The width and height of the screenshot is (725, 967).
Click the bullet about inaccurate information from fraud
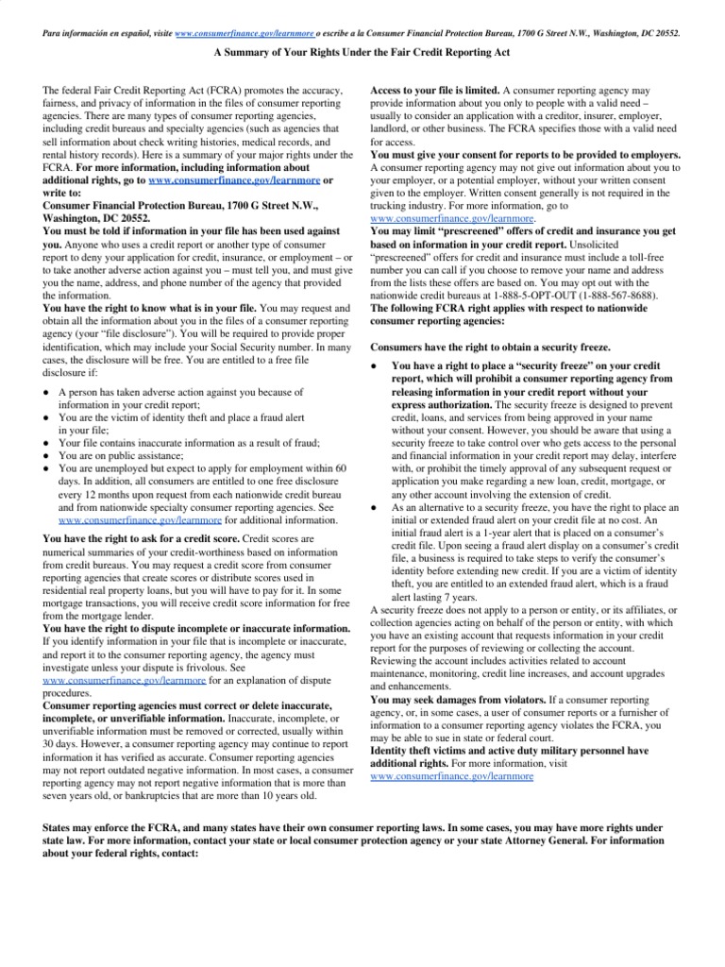pos(189,442)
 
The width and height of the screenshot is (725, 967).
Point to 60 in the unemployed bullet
pos(342,467)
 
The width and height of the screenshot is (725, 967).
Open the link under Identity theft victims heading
pos(451,775)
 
